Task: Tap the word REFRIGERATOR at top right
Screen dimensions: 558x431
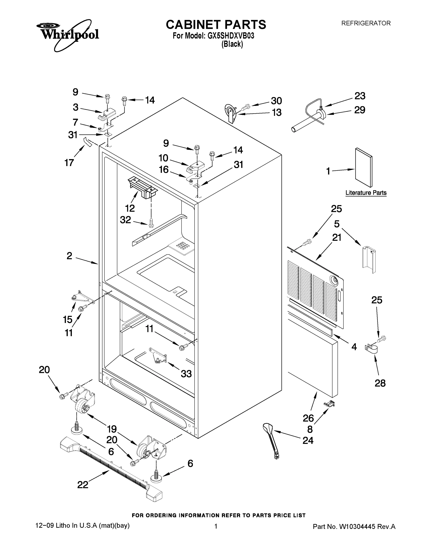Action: [x=366, y=23]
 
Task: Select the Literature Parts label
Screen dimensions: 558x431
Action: [x=366, y=193]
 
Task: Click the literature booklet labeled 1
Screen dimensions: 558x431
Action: [x=364, y=167]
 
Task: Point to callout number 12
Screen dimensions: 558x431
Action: [x=130, y=208]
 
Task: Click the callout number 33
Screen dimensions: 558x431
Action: [x=186, y=374]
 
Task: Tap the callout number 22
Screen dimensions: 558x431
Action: [x=83, y=485]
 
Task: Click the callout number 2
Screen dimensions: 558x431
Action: [x=69, y=256]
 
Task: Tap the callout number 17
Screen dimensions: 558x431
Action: [x=69, y=163]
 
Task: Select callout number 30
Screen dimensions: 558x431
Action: [x=276, y=101]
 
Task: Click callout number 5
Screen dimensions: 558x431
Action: [x=337, y=224]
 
